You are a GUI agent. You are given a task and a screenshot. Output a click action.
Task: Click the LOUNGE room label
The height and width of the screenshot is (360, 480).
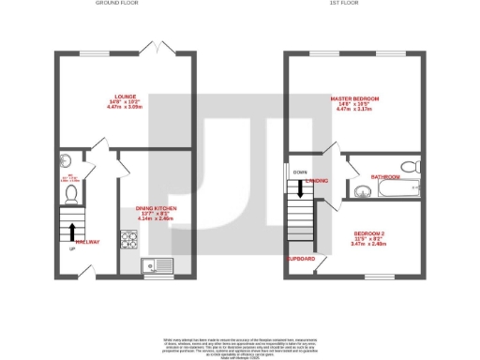[x=125, y=96]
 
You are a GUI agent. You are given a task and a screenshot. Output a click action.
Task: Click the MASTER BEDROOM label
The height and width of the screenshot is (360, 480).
[x=353, y=98]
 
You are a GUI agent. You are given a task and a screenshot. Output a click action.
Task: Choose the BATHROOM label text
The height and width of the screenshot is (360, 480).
[x=384, y=176]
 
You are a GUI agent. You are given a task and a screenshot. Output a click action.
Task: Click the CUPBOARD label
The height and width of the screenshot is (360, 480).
[x=301, y=258]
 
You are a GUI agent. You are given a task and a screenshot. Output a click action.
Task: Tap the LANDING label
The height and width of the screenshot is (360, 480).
[x=318, y=181]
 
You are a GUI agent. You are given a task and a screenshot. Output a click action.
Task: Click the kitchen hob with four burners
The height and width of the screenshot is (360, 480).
[x=127, y=241]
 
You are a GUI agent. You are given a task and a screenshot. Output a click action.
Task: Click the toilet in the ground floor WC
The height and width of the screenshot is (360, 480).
[x=71, y=193]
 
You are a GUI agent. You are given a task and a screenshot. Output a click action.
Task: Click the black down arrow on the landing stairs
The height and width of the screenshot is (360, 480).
[x=300, y=188]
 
